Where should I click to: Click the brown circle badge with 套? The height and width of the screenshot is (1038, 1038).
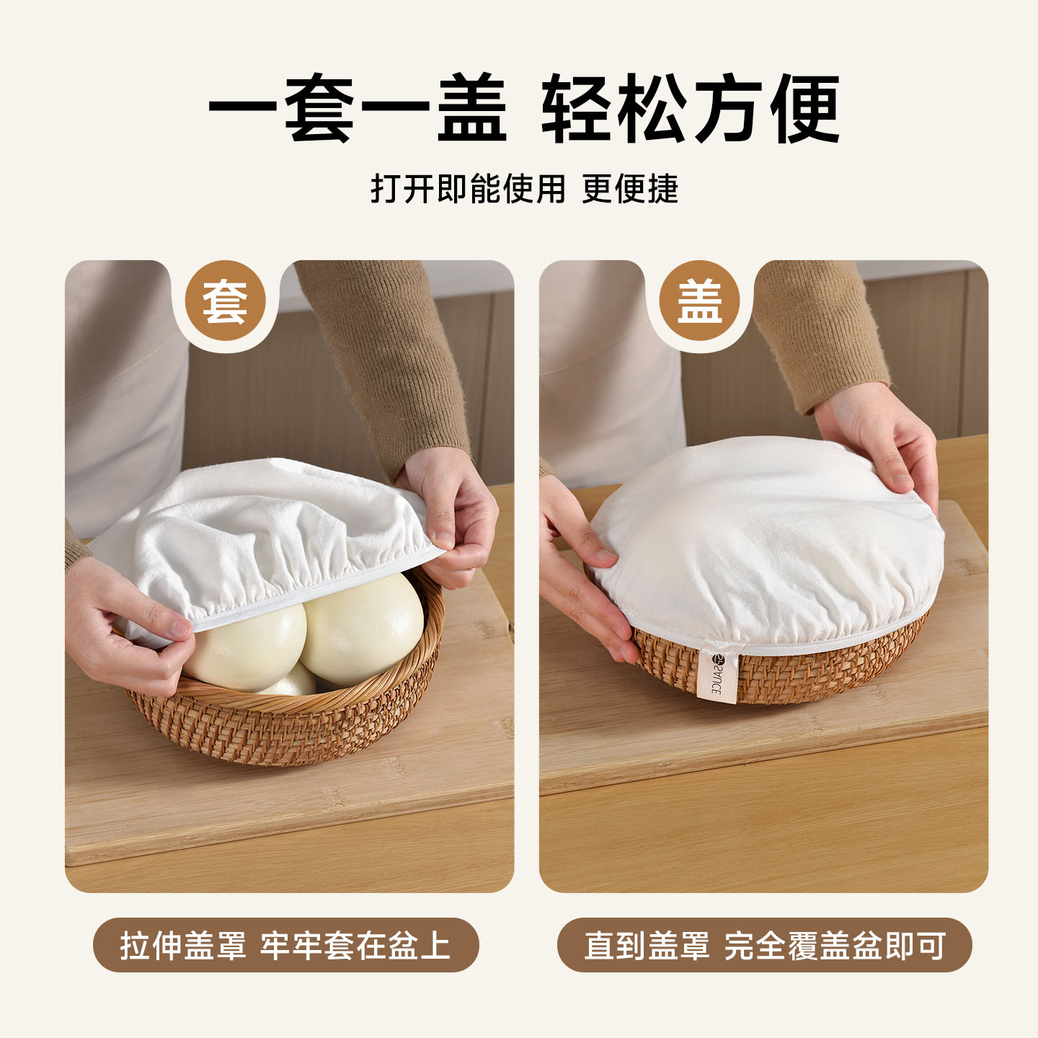[x=225, y=301]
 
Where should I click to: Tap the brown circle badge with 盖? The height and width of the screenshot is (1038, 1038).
[x=699, y=301]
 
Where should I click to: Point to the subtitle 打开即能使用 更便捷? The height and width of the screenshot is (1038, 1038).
[x=524, y=189]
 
